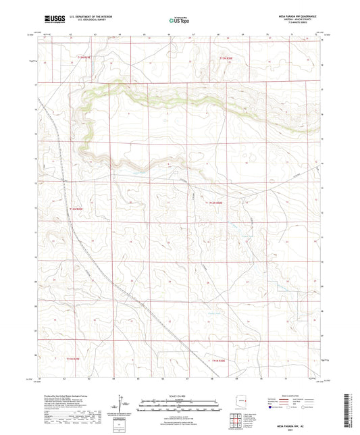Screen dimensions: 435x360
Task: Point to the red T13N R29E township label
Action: [x=78, y=59]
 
